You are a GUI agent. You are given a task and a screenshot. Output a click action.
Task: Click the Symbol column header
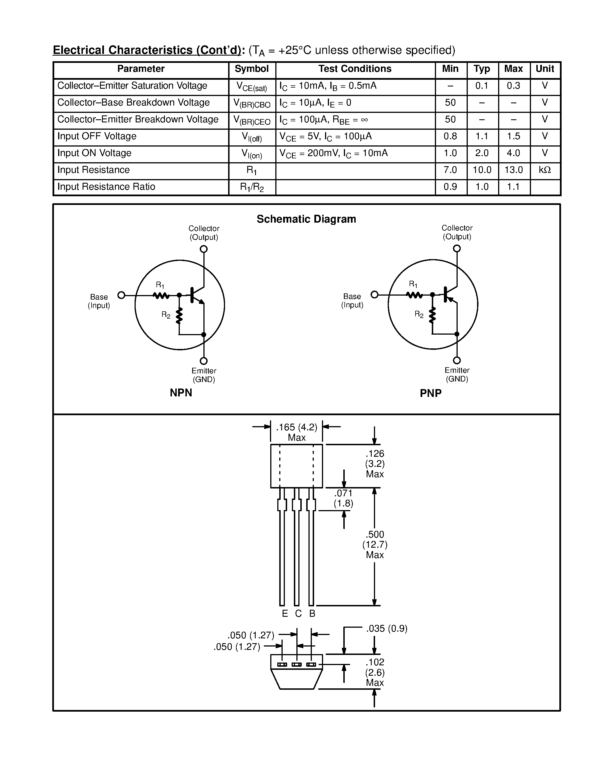coord(251,69)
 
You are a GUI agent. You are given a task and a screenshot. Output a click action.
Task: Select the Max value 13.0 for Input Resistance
coord(514,170)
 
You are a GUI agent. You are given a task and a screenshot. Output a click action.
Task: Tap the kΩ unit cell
coord(545,170)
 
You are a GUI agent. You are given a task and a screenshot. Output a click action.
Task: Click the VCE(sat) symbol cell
coord(251,86)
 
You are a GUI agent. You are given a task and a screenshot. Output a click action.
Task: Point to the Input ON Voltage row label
coord(94,153)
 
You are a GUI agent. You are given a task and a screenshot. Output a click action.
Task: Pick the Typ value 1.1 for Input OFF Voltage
coord(482,136)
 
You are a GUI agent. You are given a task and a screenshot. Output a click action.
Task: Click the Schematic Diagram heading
coord(306,219)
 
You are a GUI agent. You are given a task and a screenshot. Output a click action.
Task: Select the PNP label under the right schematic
coord(430,393)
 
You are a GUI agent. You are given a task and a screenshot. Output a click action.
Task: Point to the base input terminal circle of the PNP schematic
coord(374,294)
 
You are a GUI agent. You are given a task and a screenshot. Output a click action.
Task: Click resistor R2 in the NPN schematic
coord(179,315)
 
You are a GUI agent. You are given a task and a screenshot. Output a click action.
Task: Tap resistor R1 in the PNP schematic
coord(414,294)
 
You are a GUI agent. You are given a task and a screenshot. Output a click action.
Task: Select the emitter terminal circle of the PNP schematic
coord(457,360)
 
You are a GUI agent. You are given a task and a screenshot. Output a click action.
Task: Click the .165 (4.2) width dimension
coord(296,427)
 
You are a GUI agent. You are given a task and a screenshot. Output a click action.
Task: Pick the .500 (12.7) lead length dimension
coord(374,544)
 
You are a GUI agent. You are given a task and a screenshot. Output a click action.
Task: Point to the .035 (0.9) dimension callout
coord(387,629)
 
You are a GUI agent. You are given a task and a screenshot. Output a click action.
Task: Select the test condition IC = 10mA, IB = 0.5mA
coord(328,86)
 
